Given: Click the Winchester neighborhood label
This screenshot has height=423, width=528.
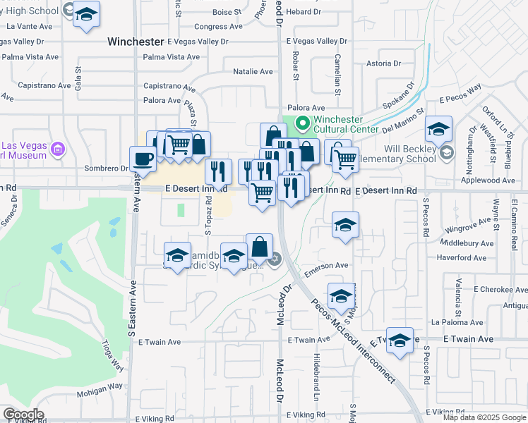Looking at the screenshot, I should pos(136,42).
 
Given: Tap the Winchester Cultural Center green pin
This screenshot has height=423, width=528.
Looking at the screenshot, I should pos(303,125).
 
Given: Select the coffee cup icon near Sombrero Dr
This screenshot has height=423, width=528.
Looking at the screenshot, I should pos(143,159).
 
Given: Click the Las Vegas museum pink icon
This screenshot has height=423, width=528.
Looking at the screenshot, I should pos(58,149).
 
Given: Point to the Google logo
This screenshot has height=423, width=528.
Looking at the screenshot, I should pos(23,415).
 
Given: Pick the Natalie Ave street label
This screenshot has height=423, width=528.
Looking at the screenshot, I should pos(253,71).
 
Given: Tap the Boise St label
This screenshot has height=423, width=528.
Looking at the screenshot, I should pos(227,12).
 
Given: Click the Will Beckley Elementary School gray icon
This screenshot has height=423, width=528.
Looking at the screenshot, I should pos(446,153).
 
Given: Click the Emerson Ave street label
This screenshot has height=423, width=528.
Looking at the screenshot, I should pos(327,265).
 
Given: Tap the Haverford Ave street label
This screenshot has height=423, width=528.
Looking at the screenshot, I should pos(462,258).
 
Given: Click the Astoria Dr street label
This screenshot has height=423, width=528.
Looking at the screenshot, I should pos(385,63).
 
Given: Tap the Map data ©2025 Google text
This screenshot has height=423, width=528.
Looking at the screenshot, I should pos(484,417).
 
